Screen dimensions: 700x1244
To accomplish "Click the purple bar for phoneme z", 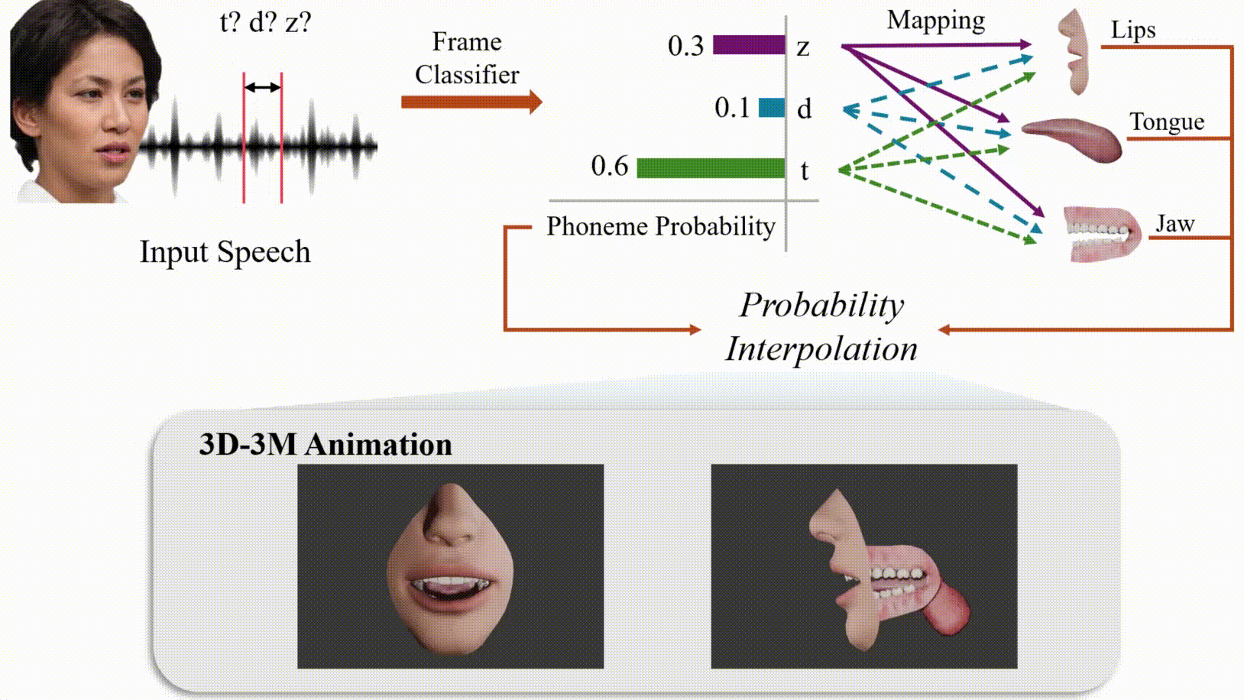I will pyautogui.click(x=748, y=45).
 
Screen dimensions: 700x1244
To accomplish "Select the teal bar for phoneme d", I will pyautogui.click(x=771, y=108).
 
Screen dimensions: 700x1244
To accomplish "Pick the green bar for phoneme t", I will pyautogui.click(x=710, y=168).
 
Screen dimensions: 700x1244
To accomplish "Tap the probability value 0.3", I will pyautogui.click(x=685, y=46).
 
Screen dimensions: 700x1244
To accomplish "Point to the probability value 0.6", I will pyautogui.click(x=609, y=166).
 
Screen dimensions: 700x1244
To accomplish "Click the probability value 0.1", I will pyautogui.click(x=732, y=108).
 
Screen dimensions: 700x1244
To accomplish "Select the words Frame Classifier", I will pyautogui.click(x=466, y=58).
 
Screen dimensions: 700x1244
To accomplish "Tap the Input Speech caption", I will pyautogui.click(x=225, y=251).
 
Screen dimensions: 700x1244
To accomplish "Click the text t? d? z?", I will pyautogui.click(x=265, y=22).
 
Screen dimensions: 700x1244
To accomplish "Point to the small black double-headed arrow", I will pyautogui.click(x=262, y=88).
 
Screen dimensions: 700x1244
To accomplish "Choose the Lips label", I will pyautogui.click(x=1132, y=30).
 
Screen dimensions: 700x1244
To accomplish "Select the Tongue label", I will pyautogui.click(x=1166, y=122).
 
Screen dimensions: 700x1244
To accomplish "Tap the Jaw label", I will pyautogui.click(x=1174, y=223).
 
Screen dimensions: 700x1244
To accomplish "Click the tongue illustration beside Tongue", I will pyautogui.click(x=1074, y=138).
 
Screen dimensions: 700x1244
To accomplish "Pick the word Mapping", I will pyautogui.click(x=935, y=21).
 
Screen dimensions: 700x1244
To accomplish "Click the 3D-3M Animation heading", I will pyautogui.click(x=325, y=444).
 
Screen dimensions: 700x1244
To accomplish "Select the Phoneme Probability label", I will pyautogui.click(x=660, y=226).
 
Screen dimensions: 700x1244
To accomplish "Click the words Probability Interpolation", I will pyautogui.click(x=821, y=326).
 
